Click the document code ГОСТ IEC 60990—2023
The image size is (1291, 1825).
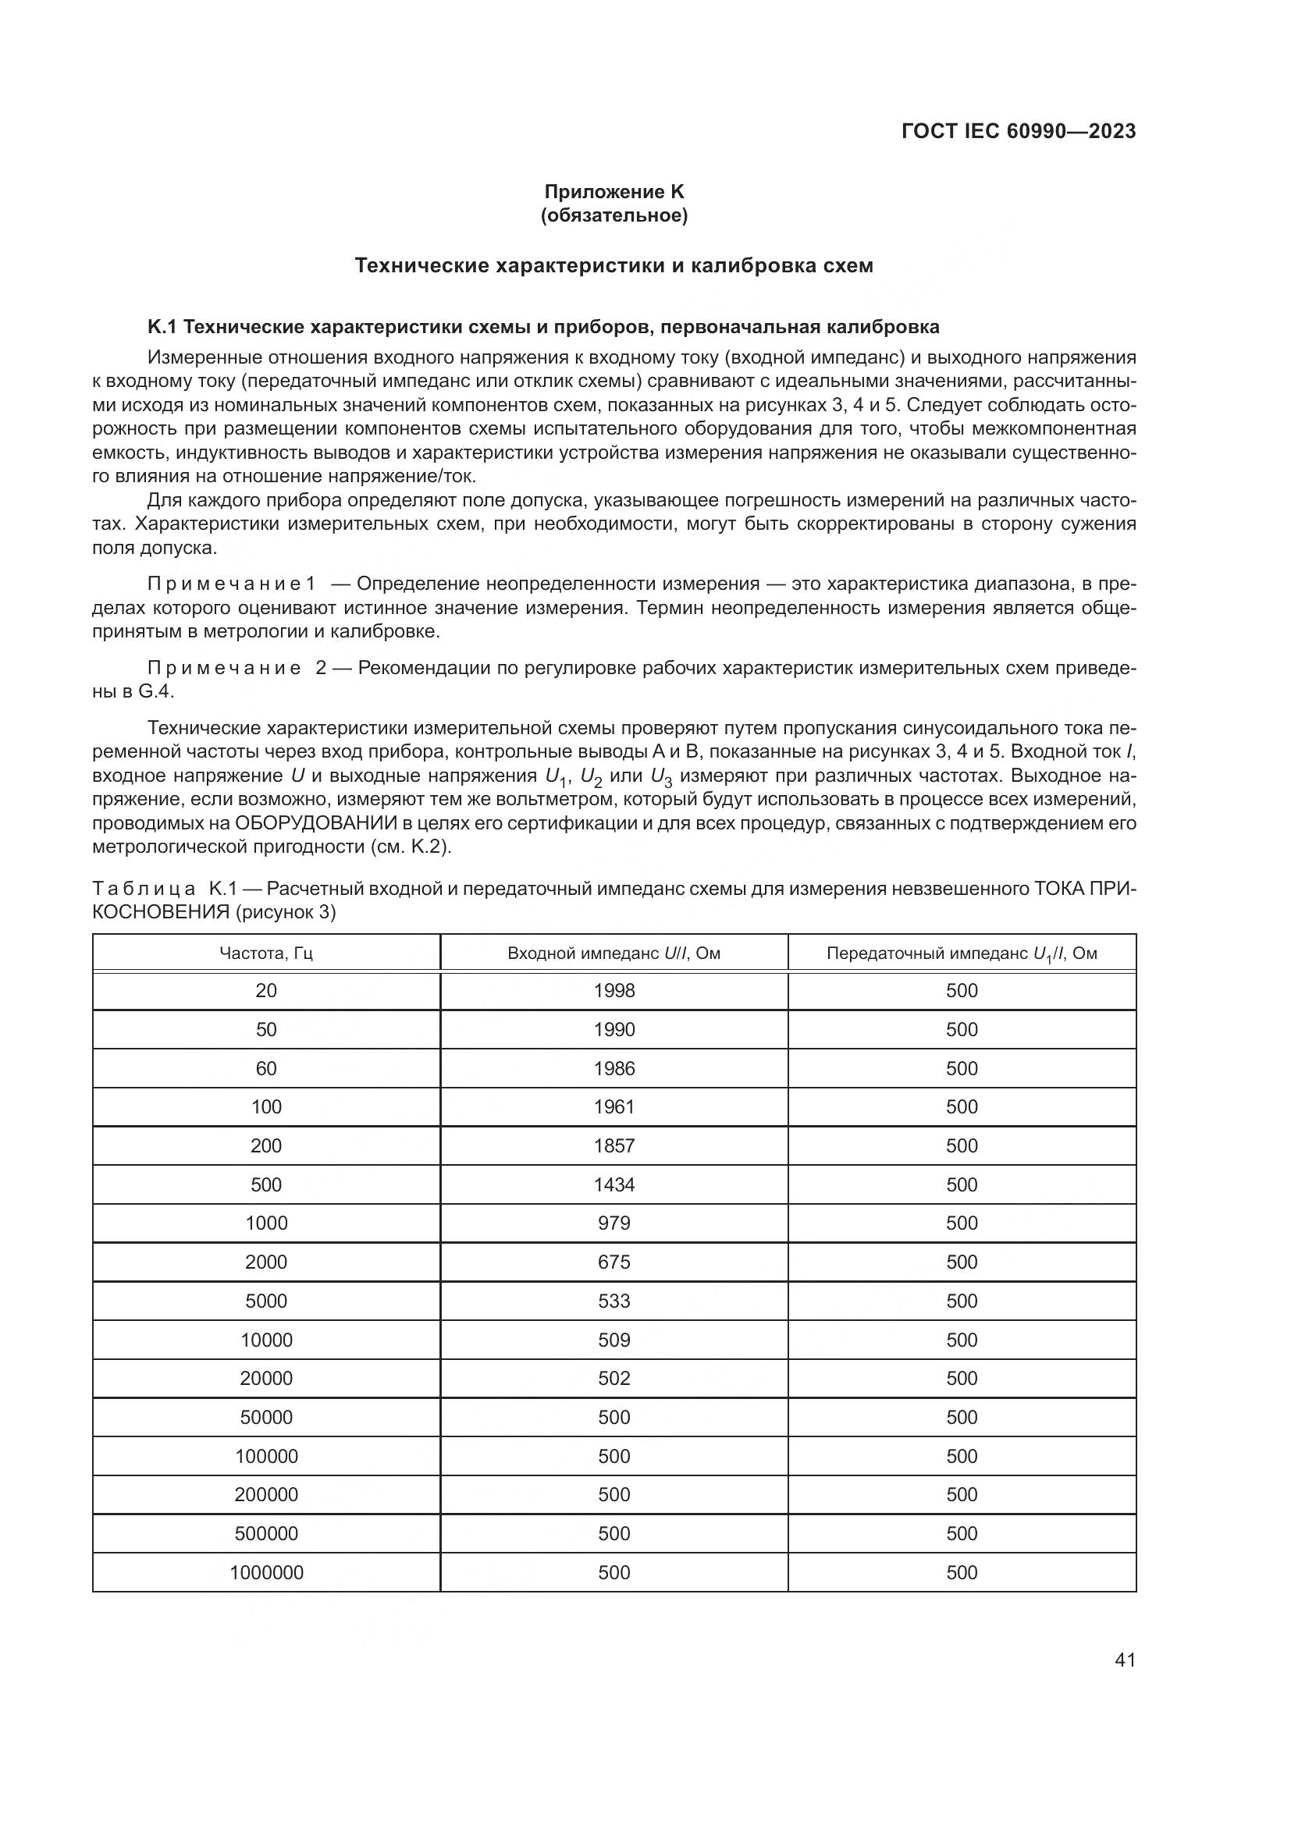(x=1019, y=132)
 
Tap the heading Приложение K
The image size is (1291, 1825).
(x=613, y=192)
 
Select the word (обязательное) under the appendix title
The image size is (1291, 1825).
(x=613, y=215)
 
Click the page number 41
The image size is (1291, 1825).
(x=1125, y=1659)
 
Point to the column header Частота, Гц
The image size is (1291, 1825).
(x=266, y=953)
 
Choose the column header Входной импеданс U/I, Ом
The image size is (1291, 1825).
(x=613, y=953)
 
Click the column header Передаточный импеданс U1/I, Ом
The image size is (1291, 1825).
(x=962, y=953)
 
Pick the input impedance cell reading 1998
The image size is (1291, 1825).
(x=613, y=991)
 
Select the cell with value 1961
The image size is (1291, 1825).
(x=613, y=1107)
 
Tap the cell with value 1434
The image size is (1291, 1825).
(x=613, y=1185)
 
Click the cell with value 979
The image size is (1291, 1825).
(x=613, y=1223)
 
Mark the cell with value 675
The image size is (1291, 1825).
(x=613, y=1262)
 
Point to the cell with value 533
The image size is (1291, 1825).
(x=613, y=1301)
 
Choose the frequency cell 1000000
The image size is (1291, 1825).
(x=266, y=1572)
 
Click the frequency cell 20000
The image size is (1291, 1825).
(x=266, y=1378)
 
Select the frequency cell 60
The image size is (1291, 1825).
(x=266, y=1069)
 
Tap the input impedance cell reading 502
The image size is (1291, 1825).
(x=613, y=1378)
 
